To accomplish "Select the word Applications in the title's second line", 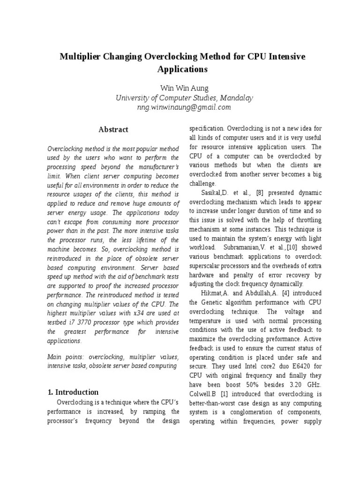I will (182, 69).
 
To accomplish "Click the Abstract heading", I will (113, 129).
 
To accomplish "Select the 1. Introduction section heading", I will (73, 392).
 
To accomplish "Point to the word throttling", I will (306, 219).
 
